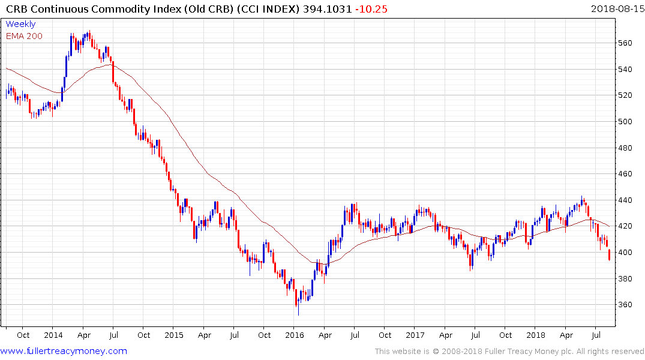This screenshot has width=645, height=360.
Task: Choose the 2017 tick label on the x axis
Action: (415, 335)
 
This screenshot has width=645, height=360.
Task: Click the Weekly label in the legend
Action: (20, 25)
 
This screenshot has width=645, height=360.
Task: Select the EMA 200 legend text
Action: (24, 36)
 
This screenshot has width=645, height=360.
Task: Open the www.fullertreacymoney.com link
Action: (64, 351)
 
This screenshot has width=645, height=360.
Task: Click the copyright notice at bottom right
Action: (509, 352)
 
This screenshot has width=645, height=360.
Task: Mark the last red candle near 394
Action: (610, 255)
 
